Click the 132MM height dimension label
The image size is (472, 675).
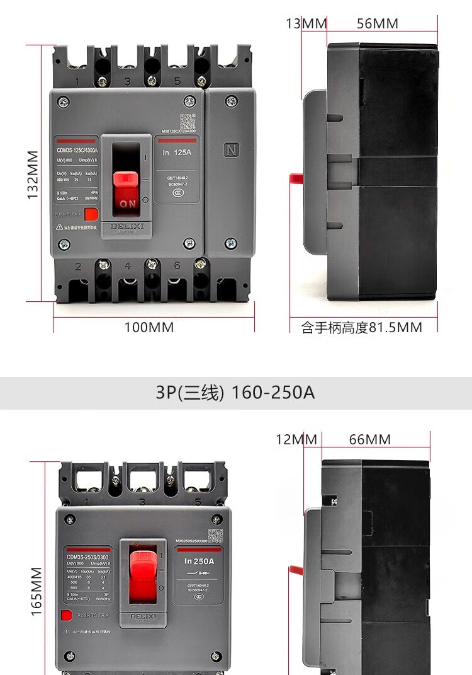pos(33,175)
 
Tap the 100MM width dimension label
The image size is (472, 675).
pos(149,327)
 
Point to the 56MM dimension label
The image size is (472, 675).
pos(377,23)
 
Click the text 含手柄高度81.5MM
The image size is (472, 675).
pos(361,328)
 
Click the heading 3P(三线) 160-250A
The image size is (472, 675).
pos(235,393)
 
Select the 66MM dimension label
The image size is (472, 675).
pos(370,439)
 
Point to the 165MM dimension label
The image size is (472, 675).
pos(37,591)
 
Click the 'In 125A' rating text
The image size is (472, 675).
pos(176,153)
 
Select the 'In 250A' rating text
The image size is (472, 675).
pos(199,561)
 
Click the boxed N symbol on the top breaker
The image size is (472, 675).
pos(230,151)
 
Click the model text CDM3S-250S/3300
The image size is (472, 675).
pos(87,557)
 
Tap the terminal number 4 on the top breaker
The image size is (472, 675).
pos(128,266)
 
